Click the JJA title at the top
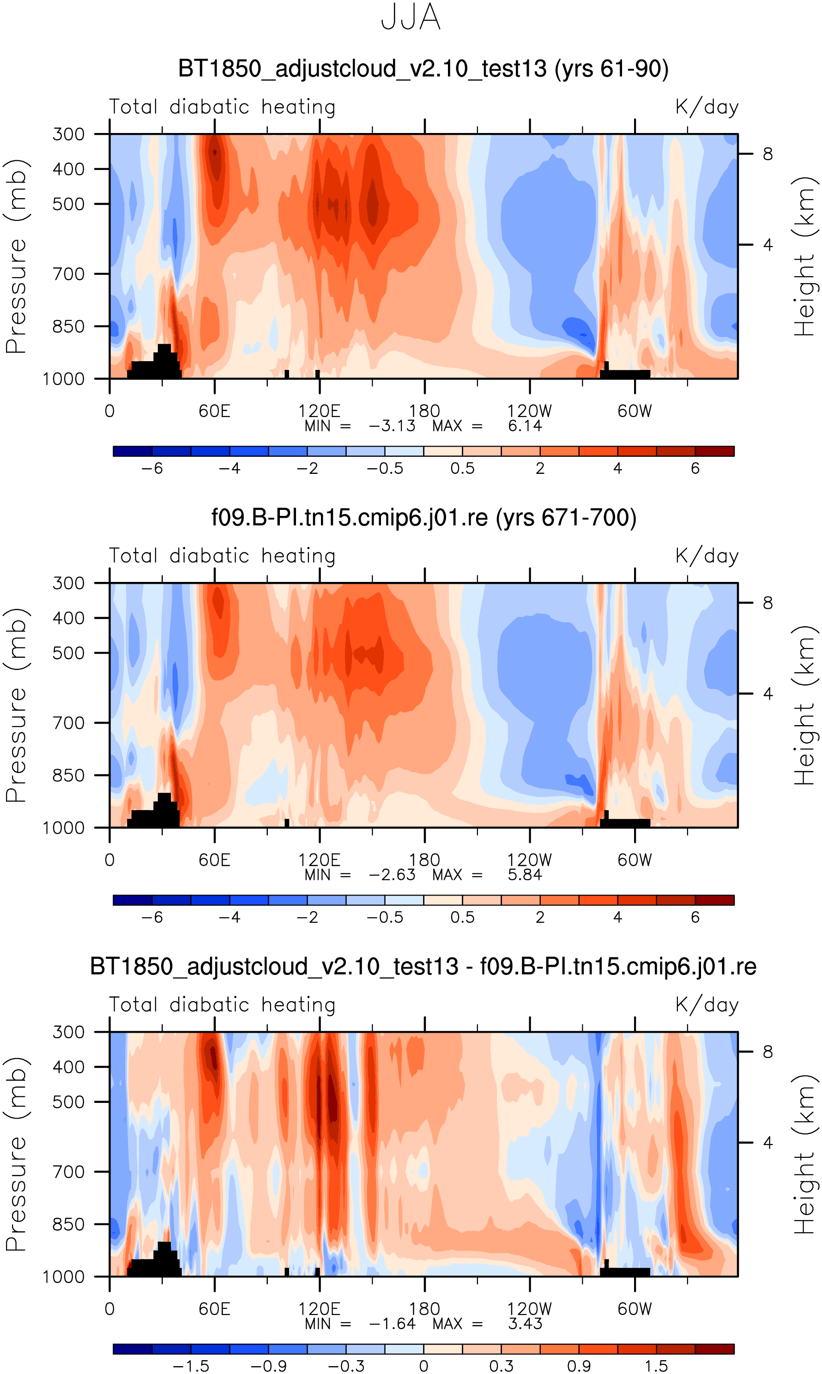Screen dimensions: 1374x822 click(411, 18)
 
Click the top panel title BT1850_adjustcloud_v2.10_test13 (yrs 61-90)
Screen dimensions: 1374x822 click(423, 69)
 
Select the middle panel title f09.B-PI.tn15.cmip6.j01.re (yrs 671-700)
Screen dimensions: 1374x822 click(424, 518)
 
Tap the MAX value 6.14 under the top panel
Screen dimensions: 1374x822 click(525, 426)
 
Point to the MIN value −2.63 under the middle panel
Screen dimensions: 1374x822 click(392, 875)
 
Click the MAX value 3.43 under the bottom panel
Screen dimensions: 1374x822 click(525, 1324)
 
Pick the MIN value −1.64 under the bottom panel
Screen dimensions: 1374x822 click(392, 1324)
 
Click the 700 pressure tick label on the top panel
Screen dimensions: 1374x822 click(69, 273)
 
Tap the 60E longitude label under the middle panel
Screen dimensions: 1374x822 click(214, 860)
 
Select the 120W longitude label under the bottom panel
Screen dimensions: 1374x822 click(530, 1309)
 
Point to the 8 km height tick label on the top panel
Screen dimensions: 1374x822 click(768, 154)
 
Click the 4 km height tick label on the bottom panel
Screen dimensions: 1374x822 click(768, 1143)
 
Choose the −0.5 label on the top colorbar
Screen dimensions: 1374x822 click(385, 468)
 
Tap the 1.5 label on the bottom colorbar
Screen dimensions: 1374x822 click(656, 1366)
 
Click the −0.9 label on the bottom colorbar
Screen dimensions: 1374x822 click(269, 1366)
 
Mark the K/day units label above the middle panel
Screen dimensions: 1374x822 click(707, 556)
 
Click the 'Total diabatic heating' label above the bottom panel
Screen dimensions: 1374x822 click(222, 1005)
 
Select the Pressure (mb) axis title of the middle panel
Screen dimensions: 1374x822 click(17, 706)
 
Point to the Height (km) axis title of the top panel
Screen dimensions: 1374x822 click(805, 256)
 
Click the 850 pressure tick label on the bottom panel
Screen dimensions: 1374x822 click(69, 1224)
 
